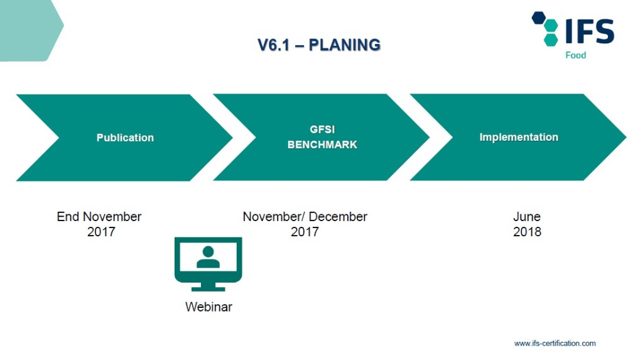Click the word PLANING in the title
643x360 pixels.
(x=345, y=45)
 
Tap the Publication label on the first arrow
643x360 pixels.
(x=125, y=138)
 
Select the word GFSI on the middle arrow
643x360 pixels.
(x=322, y=129)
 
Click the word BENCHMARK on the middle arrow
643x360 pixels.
(x=322, y=145)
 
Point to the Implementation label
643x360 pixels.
(x=519, y=137)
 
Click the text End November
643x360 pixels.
(x=99, y=217)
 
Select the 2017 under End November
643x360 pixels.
(x=101, y=232)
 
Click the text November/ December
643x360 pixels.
(x=305, y=217)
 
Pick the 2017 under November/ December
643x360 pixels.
(x=305, y=232)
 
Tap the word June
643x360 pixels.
(x=527, y=217)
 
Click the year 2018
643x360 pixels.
(x=527, y=232)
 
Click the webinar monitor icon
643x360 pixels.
(x=208, y=263)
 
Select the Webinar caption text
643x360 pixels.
(x=208, y=307)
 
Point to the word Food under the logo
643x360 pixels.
(x=575, y=55)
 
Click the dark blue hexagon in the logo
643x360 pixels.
(x=539, y=18)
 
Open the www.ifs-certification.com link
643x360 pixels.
(x=554, y=343)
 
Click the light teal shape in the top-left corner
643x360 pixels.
(x=28, y=28)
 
